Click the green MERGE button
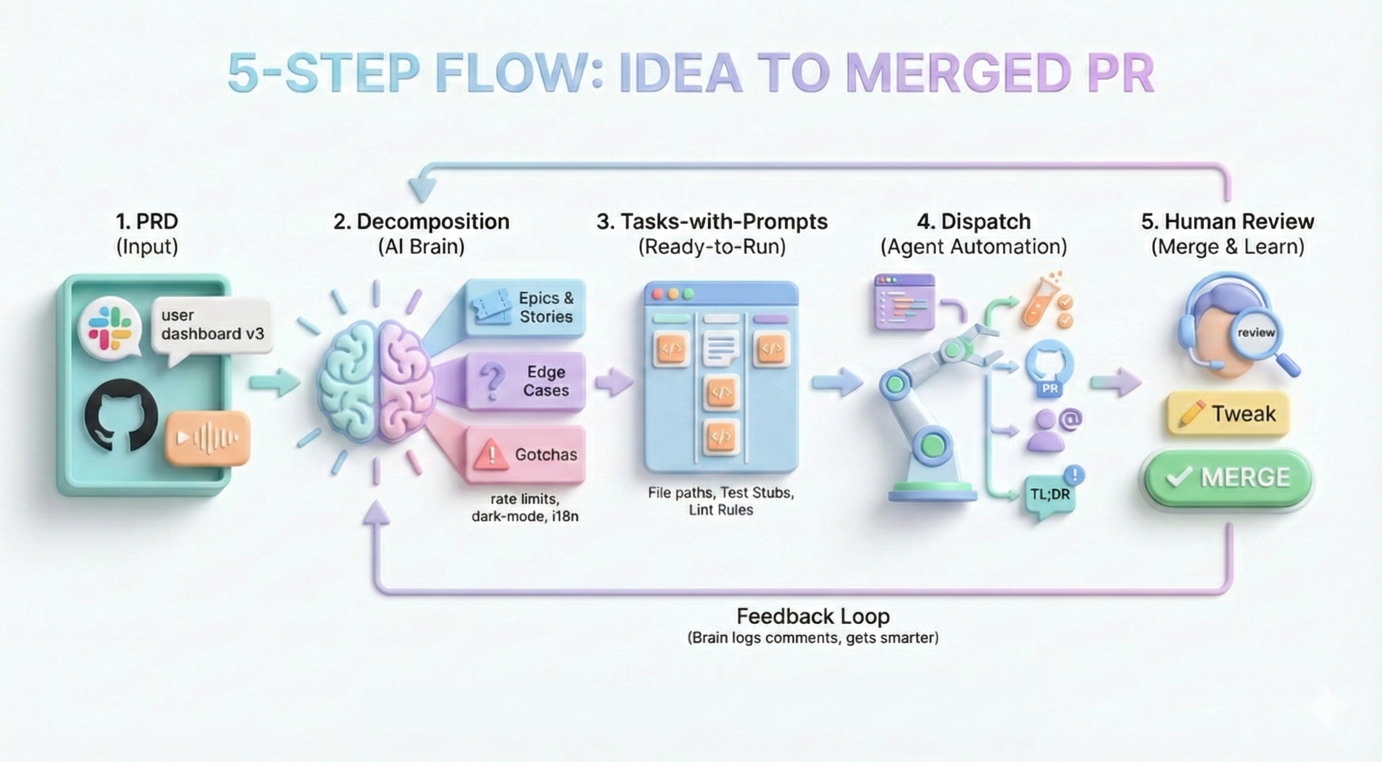[x=1228, y=477]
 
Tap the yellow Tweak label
[x=1228, y=414]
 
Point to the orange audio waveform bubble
[x=207, y=438]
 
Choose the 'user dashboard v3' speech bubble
[x=212, y=325]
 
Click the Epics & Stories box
[x=525, y=307]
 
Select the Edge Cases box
[x=525, y=381]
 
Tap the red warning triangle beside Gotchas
[x=491, y=454]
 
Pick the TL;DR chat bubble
[x=1050, y=495]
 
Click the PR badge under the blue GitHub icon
[x=1050, y=388]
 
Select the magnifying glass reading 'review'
[x=1256, y=333]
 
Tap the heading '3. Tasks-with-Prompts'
[x=712, y=221]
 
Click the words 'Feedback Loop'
[x=813, y=616]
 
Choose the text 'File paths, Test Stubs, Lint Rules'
[x=720, y=501]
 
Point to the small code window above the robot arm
[x=904, y=302]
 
